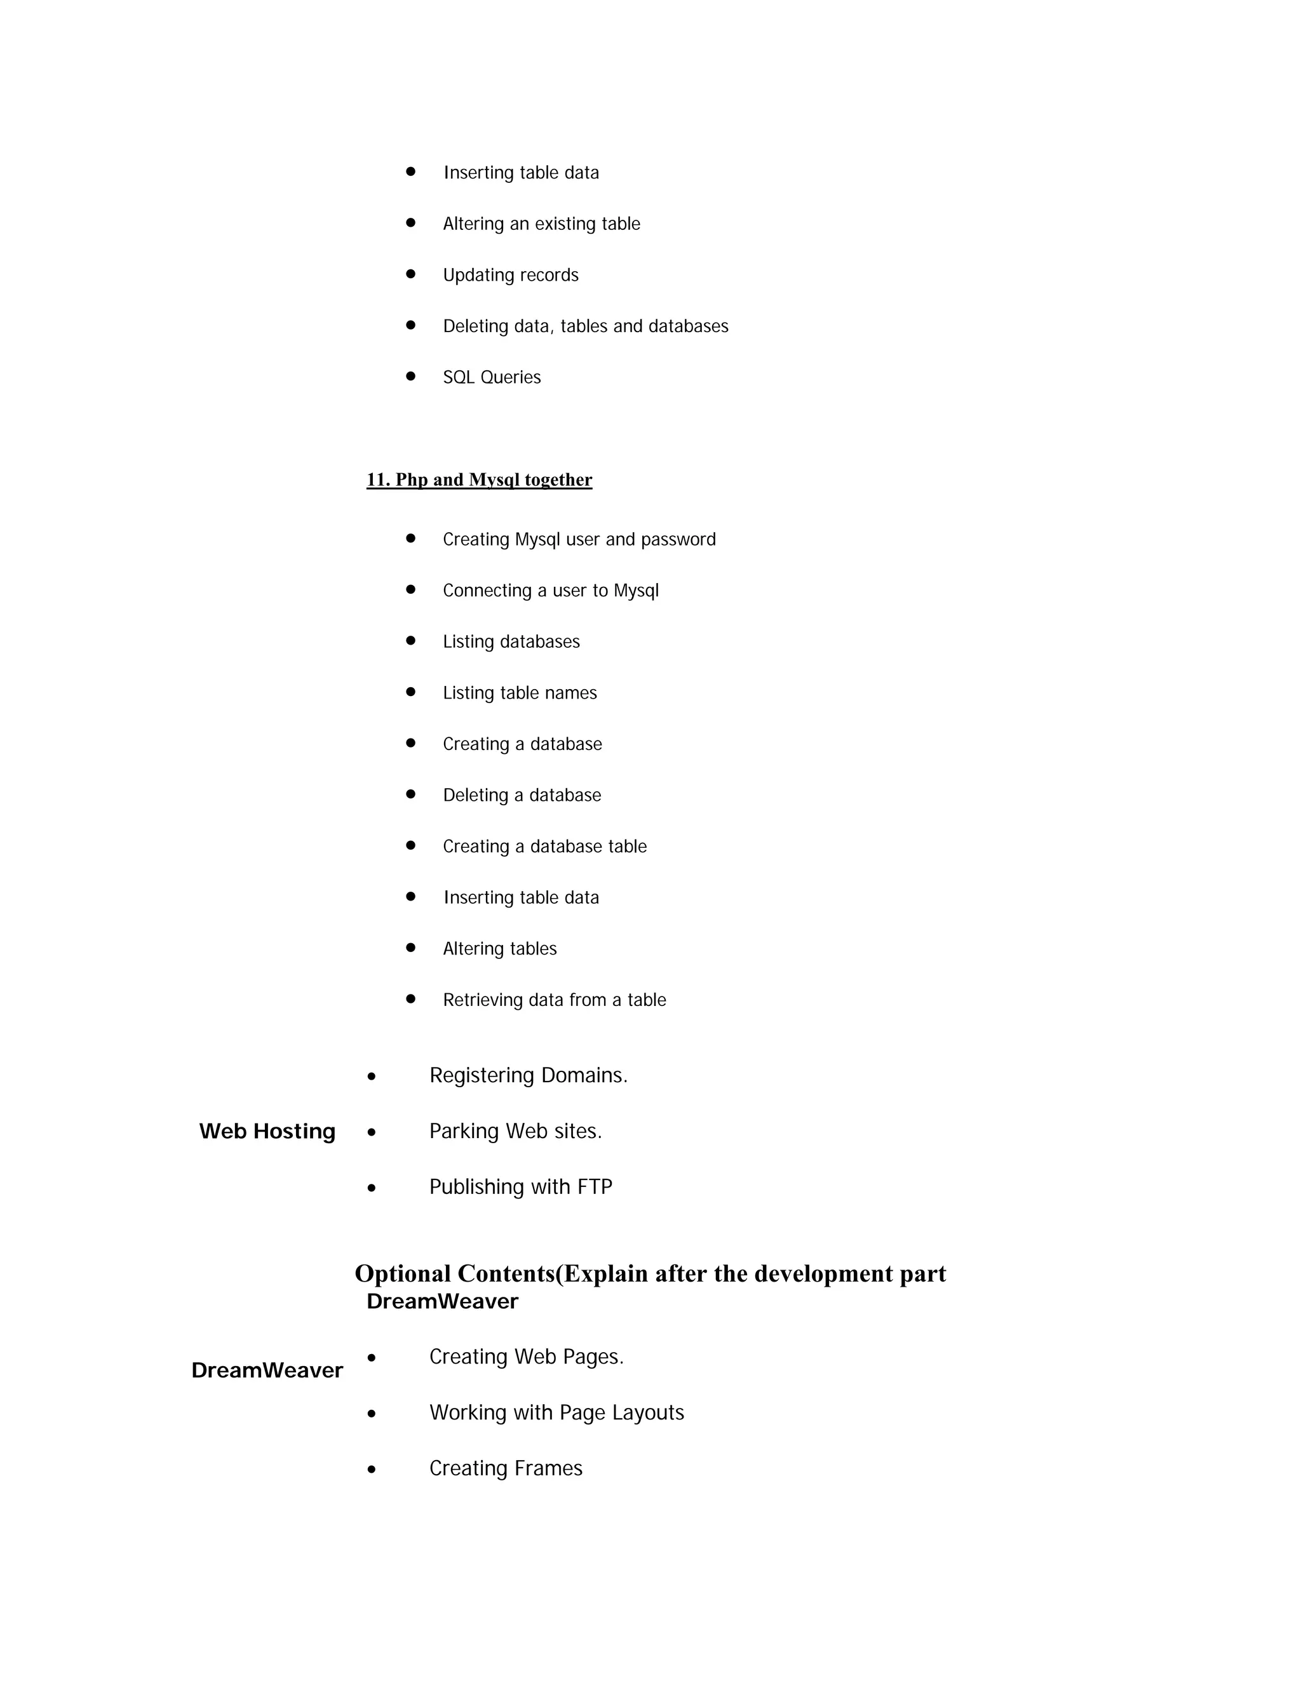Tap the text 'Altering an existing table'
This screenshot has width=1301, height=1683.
point(541,224)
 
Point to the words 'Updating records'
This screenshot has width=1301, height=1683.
point(510,275)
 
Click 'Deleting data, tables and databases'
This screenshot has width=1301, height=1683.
point(585,326)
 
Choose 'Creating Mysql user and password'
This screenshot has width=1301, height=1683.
point(579,539)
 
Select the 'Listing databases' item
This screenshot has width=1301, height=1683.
point(511,642)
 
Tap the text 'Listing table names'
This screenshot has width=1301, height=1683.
point(520,693)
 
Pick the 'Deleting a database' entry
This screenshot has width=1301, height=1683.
point(522,795)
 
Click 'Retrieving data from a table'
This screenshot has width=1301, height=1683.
point(554,1000)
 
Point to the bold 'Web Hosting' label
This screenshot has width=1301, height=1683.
point(267,1131)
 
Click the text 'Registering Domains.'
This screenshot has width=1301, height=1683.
point(528,1075)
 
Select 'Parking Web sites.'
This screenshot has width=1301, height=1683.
point(515,1131)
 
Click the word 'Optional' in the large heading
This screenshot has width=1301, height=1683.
point(402,1274)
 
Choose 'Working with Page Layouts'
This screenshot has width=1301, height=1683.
point(556,1412)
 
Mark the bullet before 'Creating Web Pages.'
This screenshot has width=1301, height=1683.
point(372,1358)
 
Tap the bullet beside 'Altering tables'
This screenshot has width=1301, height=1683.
point(411,948)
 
